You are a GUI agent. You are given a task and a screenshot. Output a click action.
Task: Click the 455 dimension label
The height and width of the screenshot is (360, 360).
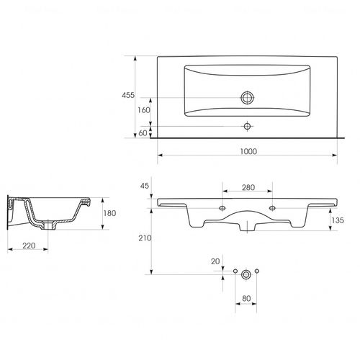pos(128,95)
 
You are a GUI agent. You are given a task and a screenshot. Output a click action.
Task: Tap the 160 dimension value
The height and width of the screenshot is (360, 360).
pos(144,110)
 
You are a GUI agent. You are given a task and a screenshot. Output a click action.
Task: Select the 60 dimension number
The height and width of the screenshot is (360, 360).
pos(143,133)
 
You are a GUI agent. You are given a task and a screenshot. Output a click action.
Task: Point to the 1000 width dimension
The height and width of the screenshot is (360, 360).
pos(248,151)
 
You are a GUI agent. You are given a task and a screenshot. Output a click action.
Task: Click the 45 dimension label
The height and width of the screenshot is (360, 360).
pos(145,186)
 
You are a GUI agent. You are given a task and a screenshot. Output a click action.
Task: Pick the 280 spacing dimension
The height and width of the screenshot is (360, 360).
pos(248,187)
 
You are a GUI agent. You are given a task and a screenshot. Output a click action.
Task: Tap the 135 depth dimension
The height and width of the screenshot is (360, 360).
pos(338,220)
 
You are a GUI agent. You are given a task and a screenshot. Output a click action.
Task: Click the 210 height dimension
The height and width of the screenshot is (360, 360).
pos(145,238)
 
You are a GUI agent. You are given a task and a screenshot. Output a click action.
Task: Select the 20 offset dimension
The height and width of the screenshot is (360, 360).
pos(215,261)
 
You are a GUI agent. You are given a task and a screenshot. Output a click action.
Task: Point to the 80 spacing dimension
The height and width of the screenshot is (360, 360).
pos(246,299)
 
